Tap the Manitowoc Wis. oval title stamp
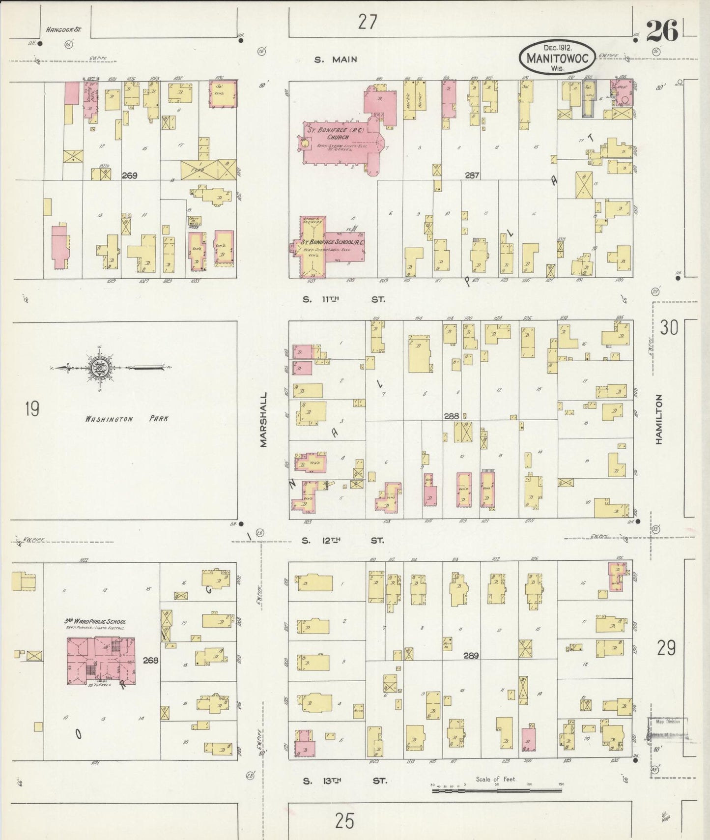click(557, 57)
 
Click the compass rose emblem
click(97, 367)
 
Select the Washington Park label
click(126, 419)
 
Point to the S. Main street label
click(336, 60)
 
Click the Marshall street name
click(264, 419)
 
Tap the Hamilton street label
click(658, 419)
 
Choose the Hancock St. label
click(63, 29)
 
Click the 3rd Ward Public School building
click(100, 660)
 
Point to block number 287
click(472, 174)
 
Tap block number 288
click(452, 416)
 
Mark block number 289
click(471, 655)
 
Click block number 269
click(130, 175)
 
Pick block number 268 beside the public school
click(150, 660)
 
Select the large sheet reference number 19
click(32, 408)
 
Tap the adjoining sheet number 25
click(344, 821)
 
